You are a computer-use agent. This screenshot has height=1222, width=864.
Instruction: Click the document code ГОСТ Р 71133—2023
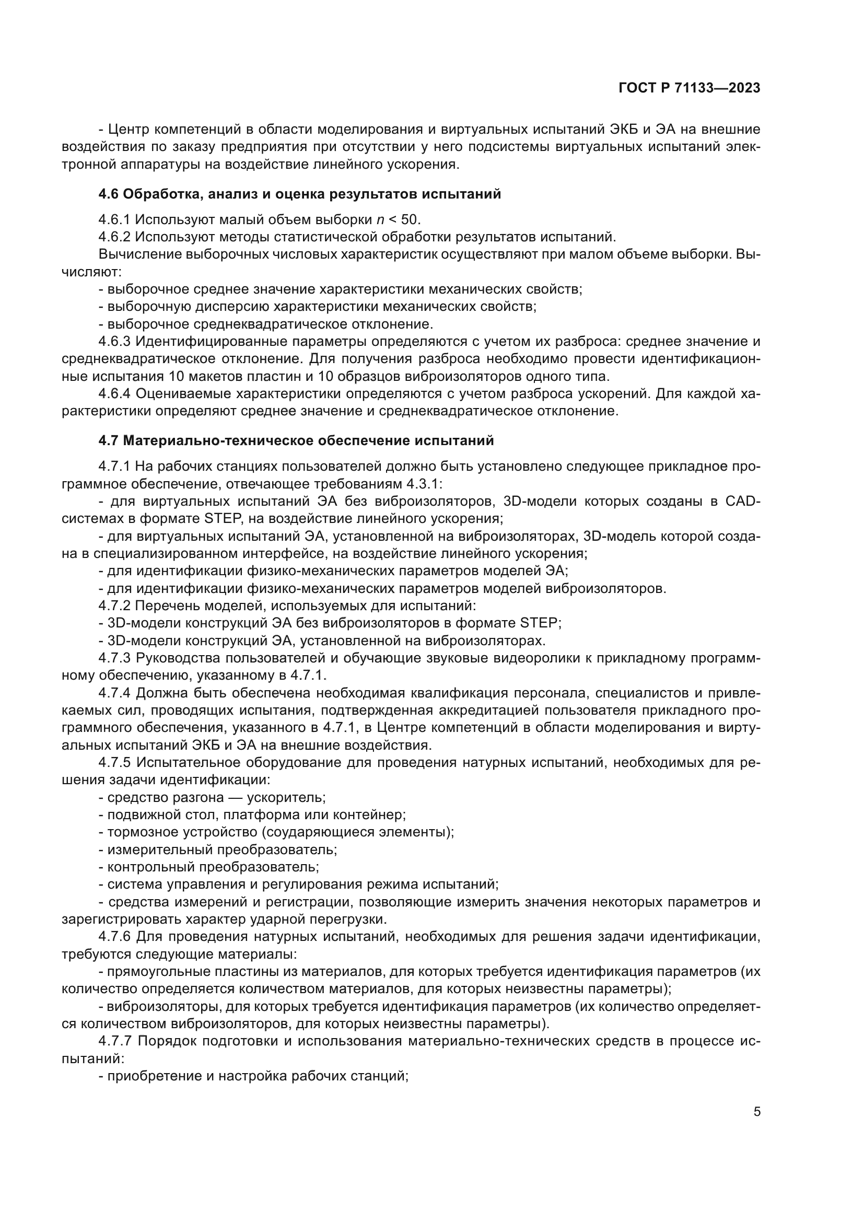(x=689, y=88)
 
